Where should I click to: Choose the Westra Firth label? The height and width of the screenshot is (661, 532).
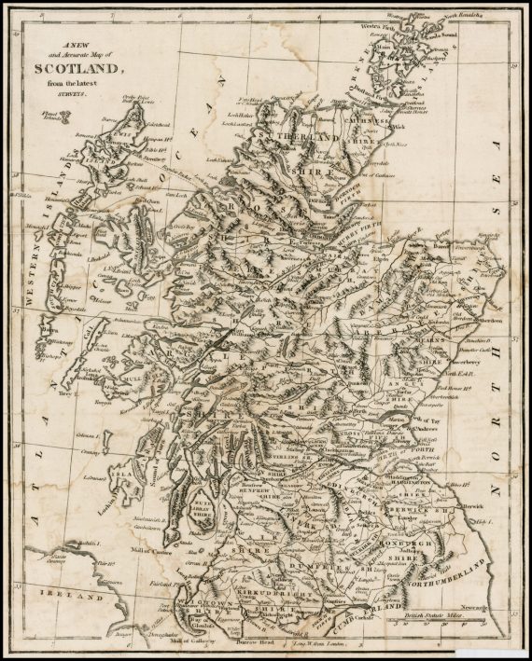378,25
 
